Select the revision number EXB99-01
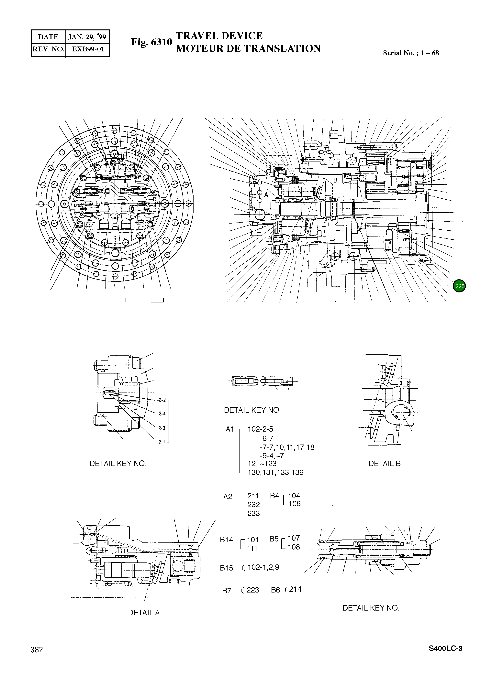(x=88, y=49)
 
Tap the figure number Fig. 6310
(x=151, y=42)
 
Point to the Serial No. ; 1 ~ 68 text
(x=411, y=53)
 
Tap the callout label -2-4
(x=161, y=414)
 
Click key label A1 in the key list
(x=230, y=429)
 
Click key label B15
(x=226, y=568)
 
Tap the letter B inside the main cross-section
(x=335, y=180)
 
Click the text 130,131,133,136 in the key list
(x=275, y=472)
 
